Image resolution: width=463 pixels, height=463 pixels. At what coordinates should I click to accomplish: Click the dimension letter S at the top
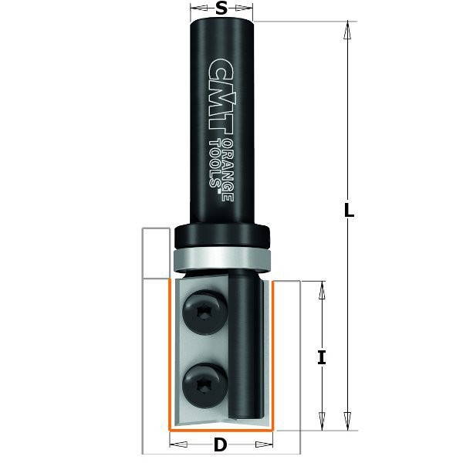[221, 8]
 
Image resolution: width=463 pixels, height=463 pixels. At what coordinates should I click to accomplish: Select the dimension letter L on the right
[349, 210]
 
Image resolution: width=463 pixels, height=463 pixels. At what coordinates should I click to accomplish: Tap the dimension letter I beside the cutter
[322, 357]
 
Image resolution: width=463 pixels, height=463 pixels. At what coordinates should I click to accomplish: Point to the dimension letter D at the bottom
[221, 444]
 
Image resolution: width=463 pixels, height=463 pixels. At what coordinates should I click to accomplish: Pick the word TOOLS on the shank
[215, 164]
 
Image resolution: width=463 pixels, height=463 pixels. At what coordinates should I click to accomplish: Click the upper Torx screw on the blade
[205, 313]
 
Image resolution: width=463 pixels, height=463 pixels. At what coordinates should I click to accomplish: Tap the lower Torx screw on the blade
[205, 386]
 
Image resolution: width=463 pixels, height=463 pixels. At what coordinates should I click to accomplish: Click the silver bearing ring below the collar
[221, 259]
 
